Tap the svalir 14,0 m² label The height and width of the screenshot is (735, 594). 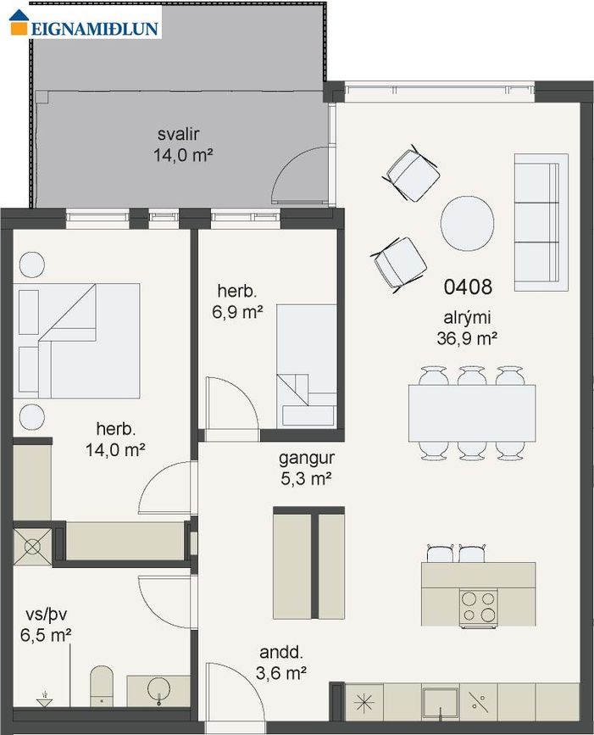click(x=183, y=144)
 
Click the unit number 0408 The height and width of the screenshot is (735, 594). click(x=468, y=287)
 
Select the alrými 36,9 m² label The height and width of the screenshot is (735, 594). click(x=467, y=328)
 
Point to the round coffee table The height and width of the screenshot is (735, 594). click(x=467, y=223)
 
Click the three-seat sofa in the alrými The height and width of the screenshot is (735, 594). click(x=541, y=222)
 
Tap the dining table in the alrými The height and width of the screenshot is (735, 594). click(x=472, y=413)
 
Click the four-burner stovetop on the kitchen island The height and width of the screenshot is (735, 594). click(x=478, y=607)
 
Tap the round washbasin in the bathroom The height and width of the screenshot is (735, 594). click(x=158, y=690)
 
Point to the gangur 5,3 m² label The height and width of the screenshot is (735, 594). click(x=307, y=468)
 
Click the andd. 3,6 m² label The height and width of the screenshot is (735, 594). click(x=281, y=663)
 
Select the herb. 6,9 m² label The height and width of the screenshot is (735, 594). click(x=237, y=301)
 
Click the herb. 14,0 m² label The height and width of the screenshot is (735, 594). click(x=115, y=439)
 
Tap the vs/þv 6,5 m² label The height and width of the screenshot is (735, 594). click(x=46, y=625)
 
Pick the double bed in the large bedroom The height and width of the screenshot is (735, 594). click(x=76, y=341)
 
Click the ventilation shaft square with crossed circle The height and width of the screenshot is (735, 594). click(x=33, y=547)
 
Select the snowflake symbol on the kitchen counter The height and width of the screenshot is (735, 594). click(x=364, y=702)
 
